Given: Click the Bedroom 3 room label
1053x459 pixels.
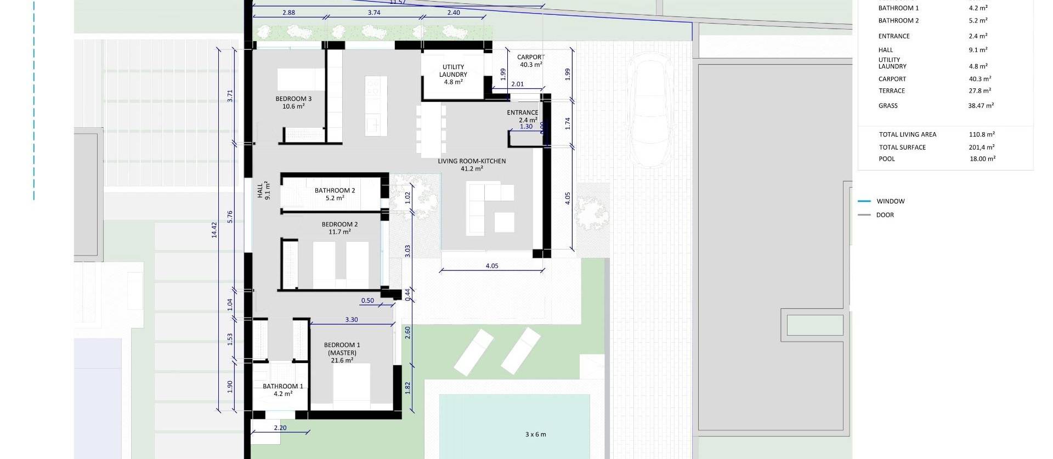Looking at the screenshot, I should (293, 103).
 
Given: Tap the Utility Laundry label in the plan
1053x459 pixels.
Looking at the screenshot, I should (453, 74).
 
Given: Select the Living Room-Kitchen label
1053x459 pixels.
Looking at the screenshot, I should (472, 165).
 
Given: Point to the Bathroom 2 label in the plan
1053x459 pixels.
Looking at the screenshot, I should (335, 194).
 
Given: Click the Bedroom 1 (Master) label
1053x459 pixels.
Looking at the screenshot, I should (342, 353).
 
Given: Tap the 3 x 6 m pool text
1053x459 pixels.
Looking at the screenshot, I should (535, 434).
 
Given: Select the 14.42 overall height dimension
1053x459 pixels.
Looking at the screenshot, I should (214, 229).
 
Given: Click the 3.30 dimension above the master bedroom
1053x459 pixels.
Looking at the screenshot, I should (351, 320).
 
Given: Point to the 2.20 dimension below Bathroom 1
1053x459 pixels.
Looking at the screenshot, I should (280, 428).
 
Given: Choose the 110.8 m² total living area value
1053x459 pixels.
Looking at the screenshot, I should (982, 134).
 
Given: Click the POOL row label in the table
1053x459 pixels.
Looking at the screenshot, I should (887, 159).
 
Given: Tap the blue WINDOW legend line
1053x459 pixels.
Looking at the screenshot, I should (864, 201).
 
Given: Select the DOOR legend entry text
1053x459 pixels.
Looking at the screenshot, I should (885, 215).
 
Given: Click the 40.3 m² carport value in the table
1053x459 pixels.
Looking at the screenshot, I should (980, 79).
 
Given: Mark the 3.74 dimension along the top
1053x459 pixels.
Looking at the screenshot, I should (374, 13).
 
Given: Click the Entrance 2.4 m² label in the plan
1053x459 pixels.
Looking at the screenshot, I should (522, 116).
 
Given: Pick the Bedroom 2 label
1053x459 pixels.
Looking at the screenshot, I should (339, 228).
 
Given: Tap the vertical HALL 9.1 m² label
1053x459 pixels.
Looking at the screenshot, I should (264, 190).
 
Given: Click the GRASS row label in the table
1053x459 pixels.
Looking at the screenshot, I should (888, 106).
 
